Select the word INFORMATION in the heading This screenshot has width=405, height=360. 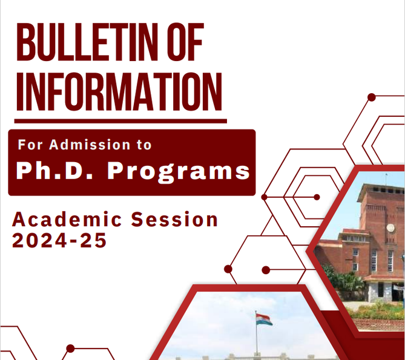119,91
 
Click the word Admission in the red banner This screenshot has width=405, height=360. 90,144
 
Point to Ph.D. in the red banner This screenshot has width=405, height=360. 54,171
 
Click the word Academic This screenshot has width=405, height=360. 67,220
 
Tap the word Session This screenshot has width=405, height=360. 174,220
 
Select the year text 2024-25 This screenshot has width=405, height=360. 59,240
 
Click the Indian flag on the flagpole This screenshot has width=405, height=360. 264,319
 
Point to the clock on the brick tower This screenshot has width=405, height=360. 390,228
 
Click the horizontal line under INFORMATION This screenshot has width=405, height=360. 120,121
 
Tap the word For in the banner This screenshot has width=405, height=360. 30,144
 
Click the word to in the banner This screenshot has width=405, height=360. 144,145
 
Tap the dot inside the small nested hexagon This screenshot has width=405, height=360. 317,197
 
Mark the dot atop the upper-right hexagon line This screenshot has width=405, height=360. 372,97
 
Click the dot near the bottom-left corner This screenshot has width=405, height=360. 70,349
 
